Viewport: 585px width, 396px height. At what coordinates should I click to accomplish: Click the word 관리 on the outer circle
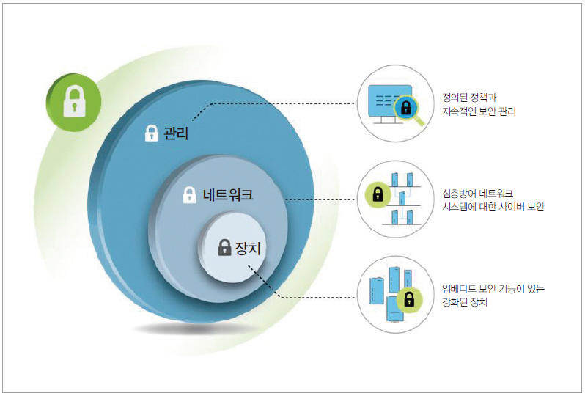tap(177, 133)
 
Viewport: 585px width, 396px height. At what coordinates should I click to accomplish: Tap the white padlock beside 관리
tap(151, 133)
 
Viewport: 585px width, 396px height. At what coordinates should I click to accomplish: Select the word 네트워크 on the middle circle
tap(228, 196)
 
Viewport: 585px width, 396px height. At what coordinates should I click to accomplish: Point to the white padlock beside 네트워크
tap(189, 195)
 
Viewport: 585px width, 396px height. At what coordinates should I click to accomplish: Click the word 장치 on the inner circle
tap(249, 248)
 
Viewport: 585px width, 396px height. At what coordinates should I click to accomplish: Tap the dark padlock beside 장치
tap(225, 248)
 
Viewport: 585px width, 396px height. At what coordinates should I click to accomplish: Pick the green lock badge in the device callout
tap(410, 299)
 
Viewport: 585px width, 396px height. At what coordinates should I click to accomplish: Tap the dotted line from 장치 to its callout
tap(315, 298)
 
